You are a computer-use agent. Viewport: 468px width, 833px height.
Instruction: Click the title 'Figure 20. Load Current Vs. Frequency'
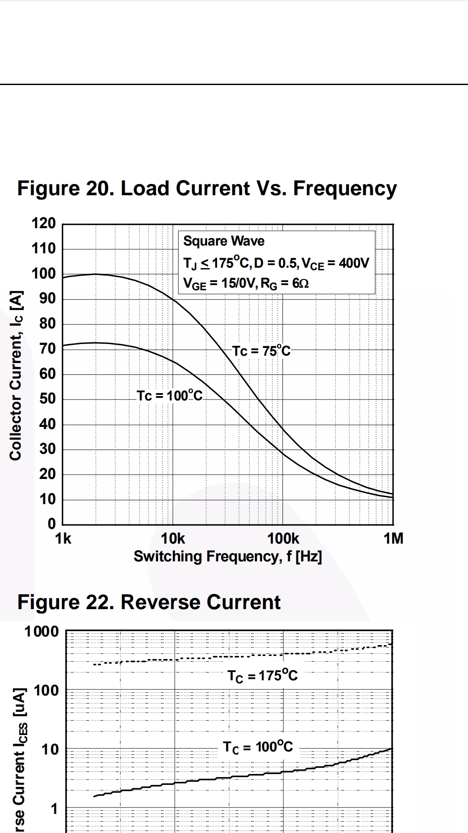tap(207, 189)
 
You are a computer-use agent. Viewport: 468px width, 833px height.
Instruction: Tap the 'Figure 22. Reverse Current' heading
tap(149, 603)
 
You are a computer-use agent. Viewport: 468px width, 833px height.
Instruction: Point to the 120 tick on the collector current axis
tap(44, 224)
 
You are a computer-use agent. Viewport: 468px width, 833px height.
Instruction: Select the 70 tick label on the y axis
tap(48, 349)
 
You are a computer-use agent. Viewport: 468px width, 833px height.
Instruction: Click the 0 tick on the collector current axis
tap(52, 524)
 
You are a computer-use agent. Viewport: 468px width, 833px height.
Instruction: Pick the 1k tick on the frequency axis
tap(63, 539)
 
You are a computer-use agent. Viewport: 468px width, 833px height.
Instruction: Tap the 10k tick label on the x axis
tap(173, 539)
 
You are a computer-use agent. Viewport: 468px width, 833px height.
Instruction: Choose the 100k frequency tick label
tap(283, 539)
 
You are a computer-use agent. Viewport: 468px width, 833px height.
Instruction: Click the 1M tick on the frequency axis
tap(393, 539)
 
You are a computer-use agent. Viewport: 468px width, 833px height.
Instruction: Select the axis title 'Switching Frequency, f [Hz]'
tap(227, 557)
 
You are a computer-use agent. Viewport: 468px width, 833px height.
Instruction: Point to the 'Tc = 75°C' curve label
tap(261, 351)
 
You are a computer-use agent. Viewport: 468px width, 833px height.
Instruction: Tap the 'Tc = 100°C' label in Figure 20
tap(169, 396)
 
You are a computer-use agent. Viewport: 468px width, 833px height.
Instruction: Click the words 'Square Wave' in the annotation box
tap(224, 241)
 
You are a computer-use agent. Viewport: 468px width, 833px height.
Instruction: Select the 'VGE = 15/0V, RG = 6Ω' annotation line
tap(246, 284)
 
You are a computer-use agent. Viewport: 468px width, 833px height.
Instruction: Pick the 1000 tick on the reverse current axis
tap(42, 632)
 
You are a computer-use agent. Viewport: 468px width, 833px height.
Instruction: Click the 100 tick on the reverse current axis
tap(46, 690)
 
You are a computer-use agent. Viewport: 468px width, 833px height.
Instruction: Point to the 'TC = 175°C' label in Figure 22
tap(263, 676)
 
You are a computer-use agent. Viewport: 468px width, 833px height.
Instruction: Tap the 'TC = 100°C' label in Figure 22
tap(258, 747)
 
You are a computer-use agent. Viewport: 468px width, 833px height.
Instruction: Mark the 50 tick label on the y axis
tap(48, 399)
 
